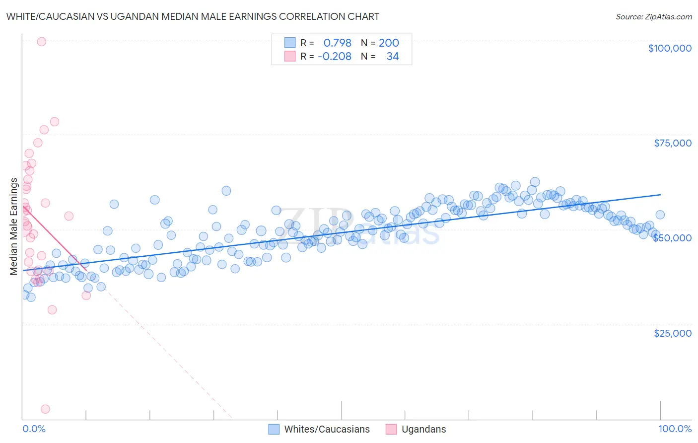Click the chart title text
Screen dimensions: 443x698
[193, 16]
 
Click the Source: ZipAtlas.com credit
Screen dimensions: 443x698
[653, 16]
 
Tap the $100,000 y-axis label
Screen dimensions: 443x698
[670, 48]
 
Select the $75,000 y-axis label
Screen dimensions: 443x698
[673, 143]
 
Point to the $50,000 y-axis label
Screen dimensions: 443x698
[672, 238]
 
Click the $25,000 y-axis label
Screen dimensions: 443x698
[673, 333]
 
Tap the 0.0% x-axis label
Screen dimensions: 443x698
[34, 429]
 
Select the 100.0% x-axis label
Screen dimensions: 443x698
[675, 429]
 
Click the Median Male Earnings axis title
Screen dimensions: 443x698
[14, 226]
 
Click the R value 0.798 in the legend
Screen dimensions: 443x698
[337, 43]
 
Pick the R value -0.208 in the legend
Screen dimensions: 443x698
[335, 56]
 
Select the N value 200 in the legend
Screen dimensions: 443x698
[389, 43]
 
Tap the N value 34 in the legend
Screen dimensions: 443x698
[392, 56]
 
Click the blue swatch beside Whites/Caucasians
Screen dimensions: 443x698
[274, 429]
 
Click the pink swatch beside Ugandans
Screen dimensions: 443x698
[391, 429]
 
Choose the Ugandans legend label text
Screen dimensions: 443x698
[423, 429]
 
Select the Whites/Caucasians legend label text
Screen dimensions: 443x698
[327, 429]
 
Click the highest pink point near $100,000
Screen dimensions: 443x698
[42, 42]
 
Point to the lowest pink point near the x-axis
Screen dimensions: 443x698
[45, 409]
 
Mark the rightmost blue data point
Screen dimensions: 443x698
[660, 215]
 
